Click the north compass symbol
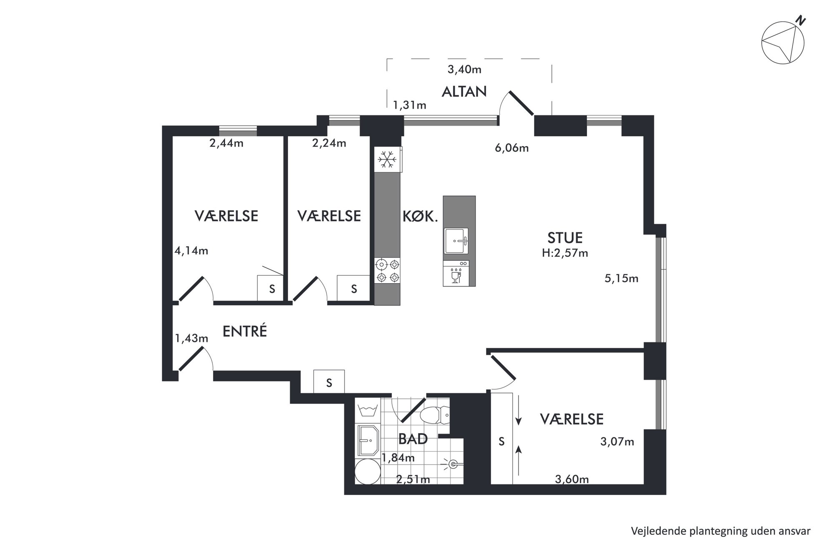tap(783, 42)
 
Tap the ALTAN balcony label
tap(464, 92)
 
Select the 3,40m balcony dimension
tap(464, 69)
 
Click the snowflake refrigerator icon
tap(388, 160)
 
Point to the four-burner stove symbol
tap(388, 271)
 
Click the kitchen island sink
tap(456, 240)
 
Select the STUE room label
tap(565, 238)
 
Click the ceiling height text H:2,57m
tap(565, 253)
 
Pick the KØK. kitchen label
tap(420, 216)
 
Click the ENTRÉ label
tap(245, 331)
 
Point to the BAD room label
tap(413, 439)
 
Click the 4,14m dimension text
tap(191, 251)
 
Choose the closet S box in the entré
tap(329, 381)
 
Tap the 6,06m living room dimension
tap(512, 148)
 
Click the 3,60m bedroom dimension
tap(572, 479)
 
